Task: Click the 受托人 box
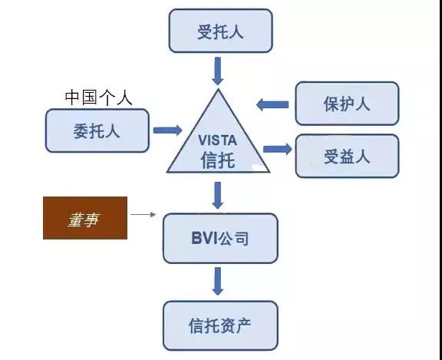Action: pos(220,31)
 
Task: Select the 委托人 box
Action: pos(97,130)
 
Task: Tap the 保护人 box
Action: pos(347,103)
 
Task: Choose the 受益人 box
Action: pos(347,156)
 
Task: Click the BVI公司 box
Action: pos(220,238)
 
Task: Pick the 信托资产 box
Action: pos(220,325)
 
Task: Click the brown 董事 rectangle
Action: pos(85,218)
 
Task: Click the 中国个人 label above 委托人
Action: pos(99,97)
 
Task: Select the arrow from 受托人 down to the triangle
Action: pos(218,71)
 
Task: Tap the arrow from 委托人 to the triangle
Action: pos(168,130)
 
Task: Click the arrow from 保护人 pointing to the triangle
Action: pos(272,105)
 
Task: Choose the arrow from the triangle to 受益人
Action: pos(278,149)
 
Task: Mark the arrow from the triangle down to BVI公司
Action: pos(218,196)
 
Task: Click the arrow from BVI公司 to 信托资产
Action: pos(218,281)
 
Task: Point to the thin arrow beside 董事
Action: pos(143,214)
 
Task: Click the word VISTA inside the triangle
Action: pos(217,140)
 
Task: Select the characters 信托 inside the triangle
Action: pos(218,160)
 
